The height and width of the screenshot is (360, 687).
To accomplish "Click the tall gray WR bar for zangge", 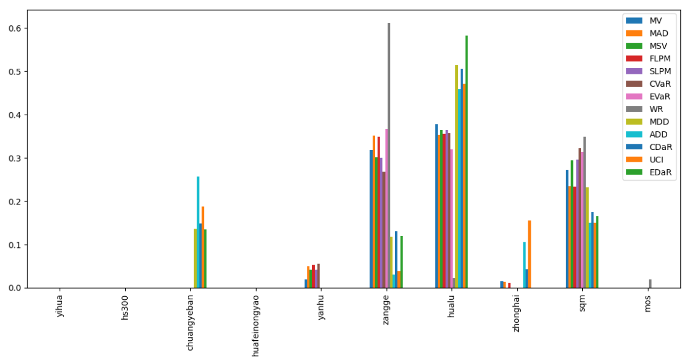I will (x=389, y=155).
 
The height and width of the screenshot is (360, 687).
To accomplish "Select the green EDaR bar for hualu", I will (x=466, y=162).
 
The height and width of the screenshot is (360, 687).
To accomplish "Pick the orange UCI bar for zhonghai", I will (x=530, y=254).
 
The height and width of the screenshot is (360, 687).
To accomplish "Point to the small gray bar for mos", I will (x=650, y=284).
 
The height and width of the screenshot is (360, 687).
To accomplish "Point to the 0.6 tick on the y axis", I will (x=14, y=29).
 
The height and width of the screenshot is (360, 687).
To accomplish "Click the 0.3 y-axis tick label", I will (x=14, y=159).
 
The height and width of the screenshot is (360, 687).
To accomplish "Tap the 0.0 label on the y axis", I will (x=14, y=288).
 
